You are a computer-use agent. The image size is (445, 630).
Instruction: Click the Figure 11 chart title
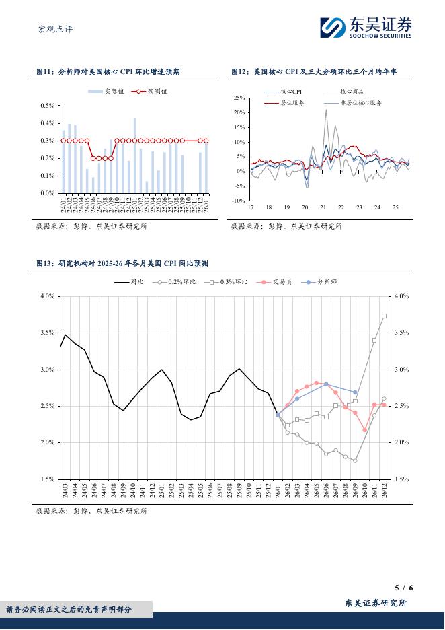(x=108, y=71)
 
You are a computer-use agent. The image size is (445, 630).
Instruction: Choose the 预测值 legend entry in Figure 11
(x=152, y=92)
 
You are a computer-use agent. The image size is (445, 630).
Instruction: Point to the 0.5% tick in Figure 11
(x=47, y=106)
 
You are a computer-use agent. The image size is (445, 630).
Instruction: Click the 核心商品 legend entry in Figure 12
(x=352, y=92)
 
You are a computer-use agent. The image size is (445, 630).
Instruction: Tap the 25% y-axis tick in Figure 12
(x=239, y=98)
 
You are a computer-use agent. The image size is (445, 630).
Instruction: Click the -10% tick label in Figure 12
(x=238, y=201)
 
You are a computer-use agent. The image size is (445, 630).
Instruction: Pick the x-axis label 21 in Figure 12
(x=323, y=207)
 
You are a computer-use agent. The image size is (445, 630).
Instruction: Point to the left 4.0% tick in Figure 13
(x=47, y=296)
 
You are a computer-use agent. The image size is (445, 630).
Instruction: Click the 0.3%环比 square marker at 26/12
(x=384, y=316)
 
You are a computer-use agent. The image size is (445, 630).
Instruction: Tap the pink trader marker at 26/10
(x=365, y=430)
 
